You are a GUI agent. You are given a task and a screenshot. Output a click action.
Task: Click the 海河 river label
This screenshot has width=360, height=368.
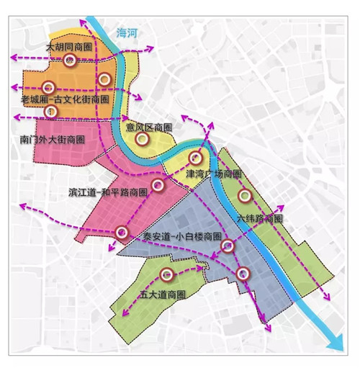point(127,32)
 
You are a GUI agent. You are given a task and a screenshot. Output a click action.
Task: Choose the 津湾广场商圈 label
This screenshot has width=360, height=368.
point(212,174)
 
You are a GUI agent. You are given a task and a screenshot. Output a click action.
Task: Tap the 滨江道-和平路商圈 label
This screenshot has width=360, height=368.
point(108,192)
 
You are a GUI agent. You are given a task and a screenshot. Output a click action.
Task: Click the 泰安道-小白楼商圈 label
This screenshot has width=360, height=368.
point(181,236)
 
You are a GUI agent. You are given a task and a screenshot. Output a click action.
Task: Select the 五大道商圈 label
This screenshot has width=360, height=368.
point(161,295)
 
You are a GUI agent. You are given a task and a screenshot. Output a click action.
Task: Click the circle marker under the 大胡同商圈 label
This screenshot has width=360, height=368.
point(69,60)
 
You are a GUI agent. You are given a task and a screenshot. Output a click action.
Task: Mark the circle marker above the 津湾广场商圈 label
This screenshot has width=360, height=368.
point(194,158)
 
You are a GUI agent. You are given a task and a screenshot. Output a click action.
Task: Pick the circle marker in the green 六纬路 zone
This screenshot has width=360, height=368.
point(245,195)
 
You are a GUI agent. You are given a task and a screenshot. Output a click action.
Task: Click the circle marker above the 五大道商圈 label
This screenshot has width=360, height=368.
point(168,274)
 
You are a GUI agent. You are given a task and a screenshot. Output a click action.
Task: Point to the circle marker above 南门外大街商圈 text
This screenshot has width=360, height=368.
point(50,112)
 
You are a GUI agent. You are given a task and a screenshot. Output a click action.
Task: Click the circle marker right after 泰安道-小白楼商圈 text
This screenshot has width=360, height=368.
point(228,246)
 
